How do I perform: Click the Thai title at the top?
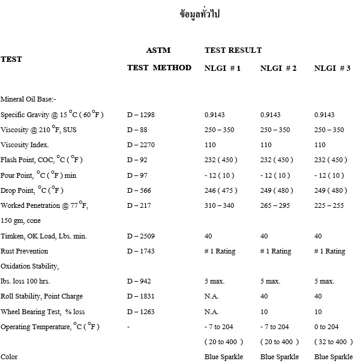click(200, 14)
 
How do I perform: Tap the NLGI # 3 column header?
click(332, 68)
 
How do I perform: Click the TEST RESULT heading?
click(233, 50)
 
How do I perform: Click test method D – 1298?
click(142, 115)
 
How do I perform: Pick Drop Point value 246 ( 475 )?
click(221, 190)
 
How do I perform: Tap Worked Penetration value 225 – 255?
click(330, 206)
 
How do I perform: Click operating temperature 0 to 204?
click(328, 327)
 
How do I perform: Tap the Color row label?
click(9, 357)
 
